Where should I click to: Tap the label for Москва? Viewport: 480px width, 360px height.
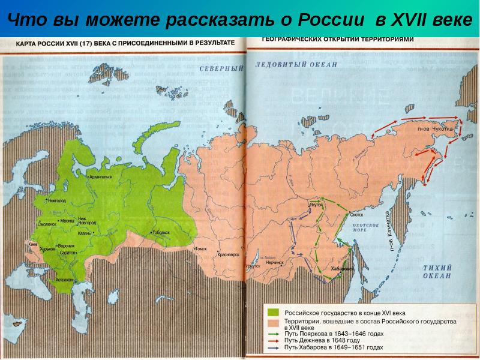[67, 221]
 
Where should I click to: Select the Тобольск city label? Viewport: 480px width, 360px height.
[161, 232]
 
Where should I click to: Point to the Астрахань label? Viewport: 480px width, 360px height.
[64, 280]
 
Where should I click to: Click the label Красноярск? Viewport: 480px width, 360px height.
[228, 254]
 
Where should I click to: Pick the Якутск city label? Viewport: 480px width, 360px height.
[316, 204]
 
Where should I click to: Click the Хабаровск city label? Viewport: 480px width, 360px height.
[342, 269]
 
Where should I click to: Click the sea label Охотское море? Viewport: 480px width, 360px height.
[365, 227]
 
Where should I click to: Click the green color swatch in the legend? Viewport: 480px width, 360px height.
[273, 313]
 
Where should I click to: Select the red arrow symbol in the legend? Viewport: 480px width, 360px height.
[273, 340]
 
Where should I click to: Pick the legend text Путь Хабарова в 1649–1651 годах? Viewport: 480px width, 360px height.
[334, 347]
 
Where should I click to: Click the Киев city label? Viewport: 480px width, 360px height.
[34, 245]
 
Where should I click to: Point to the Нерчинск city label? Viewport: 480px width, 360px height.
[275, 263]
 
